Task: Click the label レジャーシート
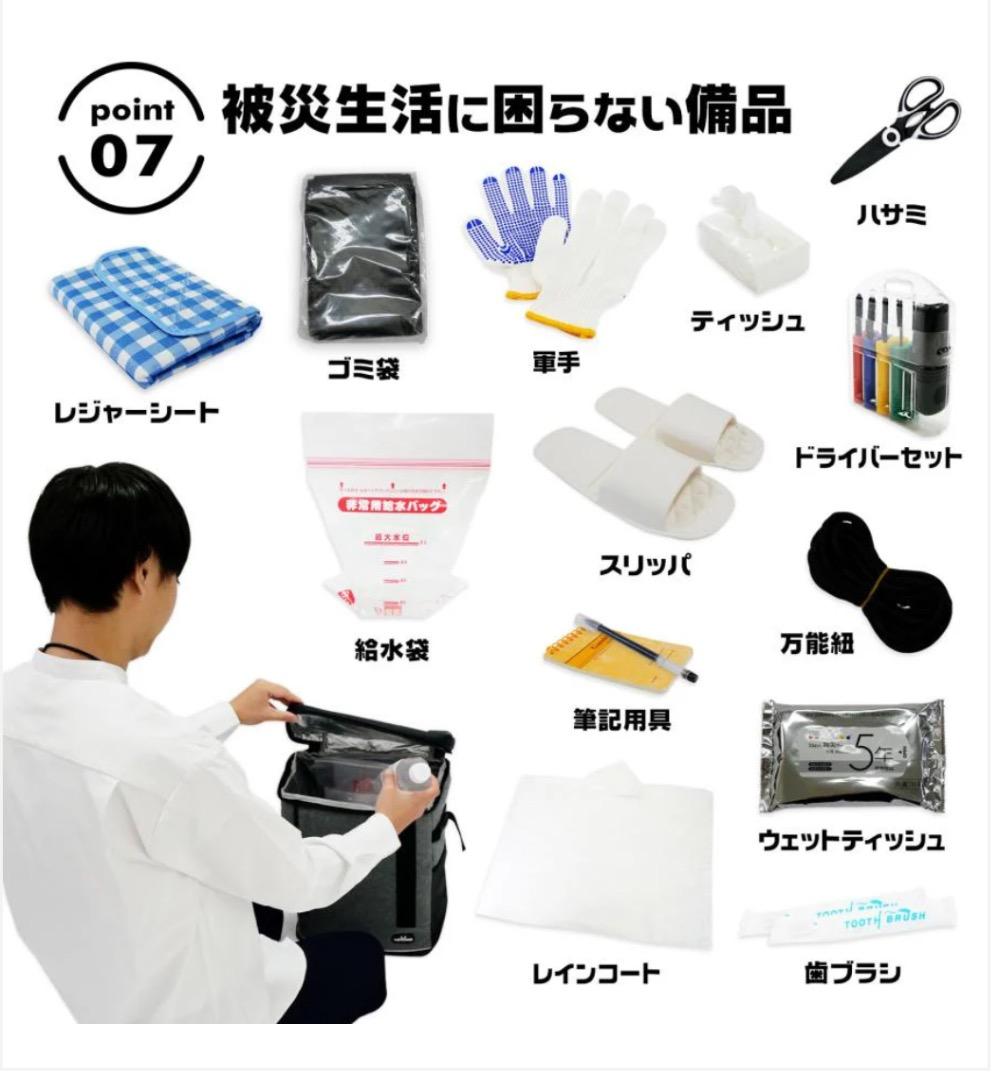[136, 411]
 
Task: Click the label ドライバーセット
[878, 457]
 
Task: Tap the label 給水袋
[391, 651]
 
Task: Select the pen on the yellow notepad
[645, 647]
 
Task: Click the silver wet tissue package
[850, 754]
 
